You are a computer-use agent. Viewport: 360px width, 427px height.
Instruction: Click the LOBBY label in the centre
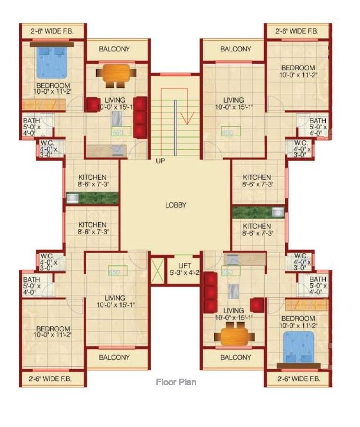click(x=175, y=205)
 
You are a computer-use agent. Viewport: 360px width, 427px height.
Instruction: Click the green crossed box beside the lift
click(x=158, y=269)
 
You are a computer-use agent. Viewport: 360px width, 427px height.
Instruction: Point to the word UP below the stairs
click(x=161, y=160)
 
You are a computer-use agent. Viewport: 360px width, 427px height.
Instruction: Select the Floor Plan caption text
click(x=176, y=382)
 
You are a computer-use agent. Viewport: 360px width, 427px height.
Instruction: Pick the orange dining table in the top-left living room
click(x=116, y=75)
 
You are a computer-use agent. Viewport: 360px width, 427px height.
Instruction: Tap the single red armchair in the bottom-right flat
click(x=256, y=304)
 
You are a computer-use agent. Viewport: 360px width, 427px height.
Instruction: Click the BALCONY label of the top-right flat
click(x=235, y=49)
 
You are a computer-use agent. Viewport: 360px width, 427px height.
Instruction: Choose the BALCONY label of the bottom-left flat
click(x=114, y=357)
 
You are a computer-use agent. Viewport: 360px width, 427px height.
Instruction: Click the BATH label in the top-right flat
click(x=318, y=121)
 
